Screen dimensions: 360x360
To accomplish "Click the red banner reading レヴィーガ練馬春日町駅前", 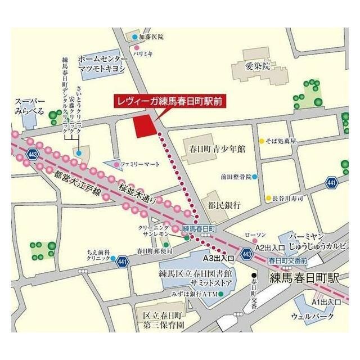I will (x=169, y=102).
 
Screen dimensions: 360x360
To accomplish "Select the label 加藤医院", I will (x=151, y=37).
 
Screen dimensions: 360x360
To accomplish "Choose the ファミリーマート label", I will (x=140, y=164).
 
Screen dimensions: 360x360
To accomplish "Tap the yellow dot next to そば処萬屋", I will (x=261, y=141).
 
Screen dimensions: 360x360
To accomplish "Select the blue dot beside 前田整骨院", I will (x=254, y=177).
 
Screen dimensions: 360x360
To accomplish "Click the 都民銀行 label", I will (x=223, y=204).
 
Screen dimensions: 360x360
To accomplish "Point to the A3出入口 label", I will (x=218, y=258).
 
